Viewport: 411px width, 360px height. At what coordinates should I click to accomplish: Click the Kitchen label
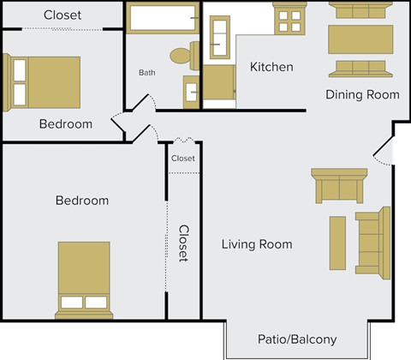click(x=271, y=67)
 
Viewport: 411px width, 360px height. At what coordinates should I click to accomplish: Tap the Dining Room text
click(x=362, y=94)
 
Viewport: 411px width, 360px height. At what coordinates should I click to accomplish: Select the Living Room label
click(x=257, y=244)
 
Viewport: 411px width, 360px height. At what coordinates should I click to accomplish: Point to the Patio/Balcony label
click(x=297, y=339)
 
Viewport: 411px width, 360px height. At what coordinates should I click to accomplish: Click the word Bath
click(x=147, y=73)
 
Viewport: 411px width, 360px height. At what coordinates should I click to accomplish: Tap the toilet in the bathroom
click(x=182, y=56)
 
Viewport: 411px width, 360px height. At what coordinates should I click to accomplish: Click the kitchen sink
click(x=217, y=35)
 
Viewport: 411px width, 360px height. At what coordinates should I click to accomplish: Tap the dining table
click(x=360, y=39)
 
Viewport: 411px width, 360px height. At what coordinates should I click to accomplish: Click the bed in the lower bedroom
click(x=84, y=276)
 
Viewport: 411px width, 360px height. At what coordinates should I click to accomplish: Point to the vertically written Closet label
click(x=183, y=243)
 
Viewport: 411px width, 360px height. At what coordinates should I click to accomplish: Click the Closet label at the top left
click(x=63, y=15)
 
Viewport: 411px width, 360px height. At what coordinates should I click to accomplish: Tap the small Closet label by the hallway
click(x=182, y=159)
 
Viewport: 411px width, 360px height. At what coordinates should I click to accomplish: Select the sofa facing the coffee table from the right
click(x=372, y=241)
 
